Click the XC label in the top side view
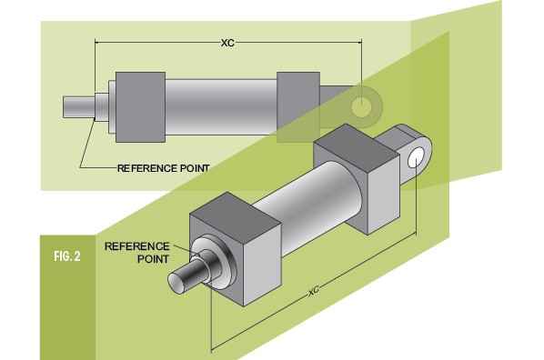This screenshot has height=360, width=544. coord(227,43)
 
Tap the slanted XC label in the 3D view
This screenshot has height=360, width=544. coord(314,291)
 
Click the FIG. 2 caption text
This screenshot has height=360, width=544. coord(67,256)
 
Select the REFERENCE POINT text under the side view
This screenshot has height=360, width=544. coord(164,168)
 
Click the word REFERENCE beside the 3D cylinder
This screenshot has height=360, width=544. coord(137,246)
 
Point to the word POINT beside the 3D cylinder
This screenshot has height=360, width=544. coord(153,259)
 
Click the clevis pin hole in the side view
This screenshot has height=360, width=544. coord(361,106)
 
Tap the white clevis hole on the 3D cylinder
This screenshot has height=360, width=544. coord(416,158)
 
